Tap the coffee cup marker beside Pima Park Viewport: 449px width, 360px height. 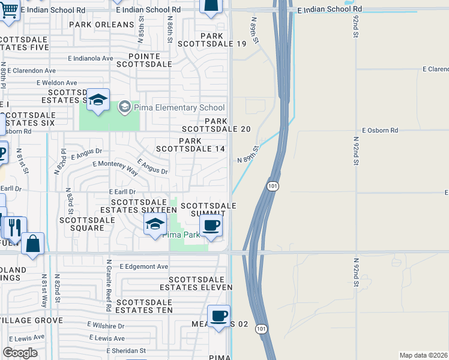point(210,226)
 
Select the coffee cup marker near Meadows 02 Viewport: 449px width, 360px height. point(218,316)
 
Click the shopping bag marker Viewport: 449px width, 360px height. point(32,244)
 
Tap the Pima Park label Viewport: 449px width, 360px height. point(184,235)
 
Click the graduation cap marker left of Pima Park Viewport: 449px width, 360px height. point(155,225)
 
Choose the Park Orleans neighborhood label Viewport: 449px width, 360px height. point(101,25)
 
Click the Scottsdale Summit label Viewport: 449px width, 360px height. point(213,209)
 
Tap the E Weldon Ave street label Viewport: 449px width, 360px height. point(57,83)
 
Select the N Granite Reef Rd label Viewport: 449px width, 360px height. point(109,285)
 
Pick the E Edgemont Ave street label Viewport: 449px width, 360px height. point(144,266)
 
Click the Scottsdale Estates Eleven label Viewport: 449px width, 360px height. point(200,283)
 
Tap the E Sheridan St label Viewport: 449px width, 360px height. point(125,350)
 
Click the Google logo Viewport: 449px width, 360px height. point(20,352)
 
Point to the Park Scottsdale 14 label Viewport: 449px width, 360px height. point(190,145)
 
